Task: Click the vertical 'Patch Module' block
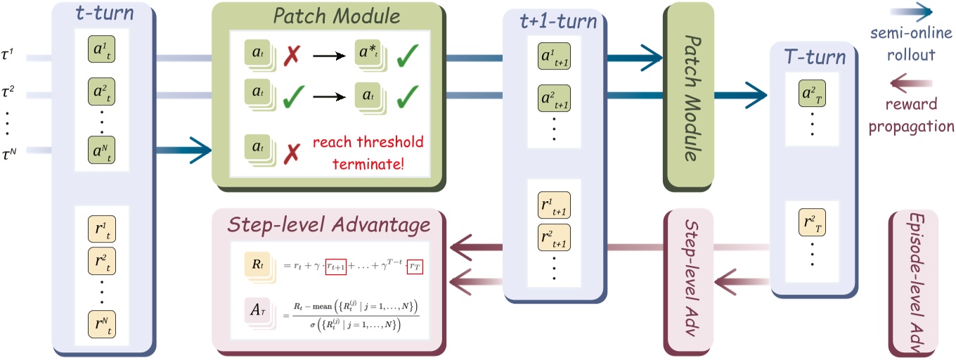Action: (688, 96)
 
